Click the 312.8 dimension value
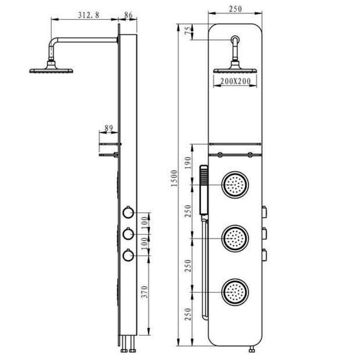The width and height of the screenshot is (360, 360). [89, 15]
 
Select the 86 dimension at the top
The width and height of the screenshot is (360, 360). [128, 15]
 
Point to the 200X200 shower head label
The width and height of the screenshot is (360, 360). [235, 81]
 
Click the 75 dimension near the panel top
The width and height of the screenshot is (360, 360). [187, 31]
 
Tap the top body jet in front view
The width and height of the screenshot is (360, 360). [236, 186]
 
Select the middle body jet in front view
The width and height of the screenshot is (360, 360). [236, 238]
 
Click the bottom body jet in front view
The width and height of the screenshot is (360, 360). [236, 292]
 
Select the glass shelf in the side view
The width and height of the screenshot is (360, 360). [109, 155]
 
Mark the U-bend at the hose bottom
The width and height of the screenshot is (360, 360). [204, 317]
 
